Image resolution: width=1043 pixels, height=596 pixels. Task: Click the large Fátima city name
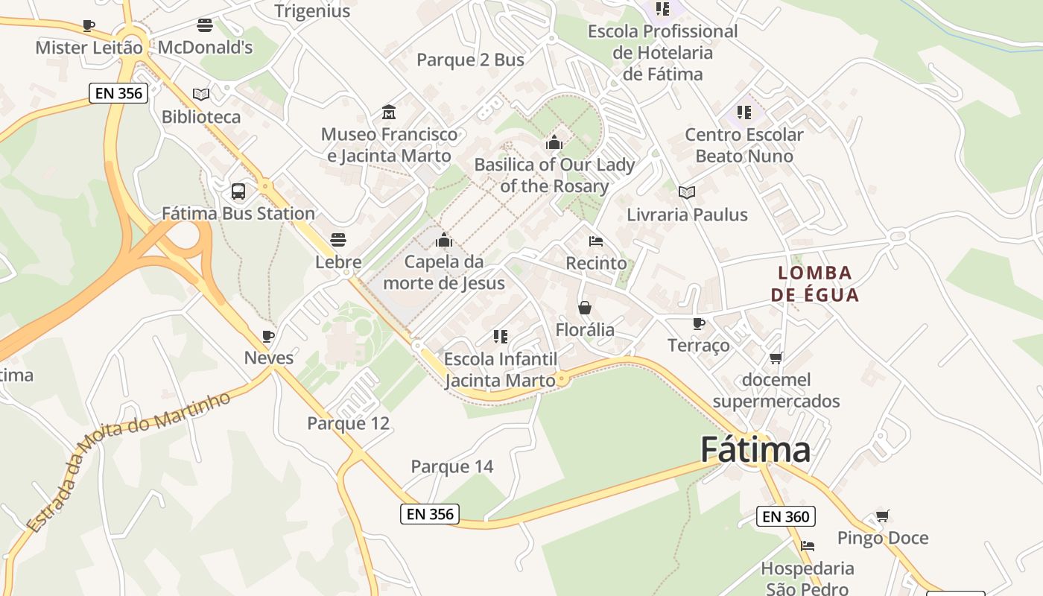755,450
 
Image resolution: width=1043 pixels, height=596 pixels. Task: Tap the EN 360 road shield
785,516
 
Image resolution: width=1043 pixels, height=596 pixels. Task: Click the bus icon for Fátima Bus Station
238,191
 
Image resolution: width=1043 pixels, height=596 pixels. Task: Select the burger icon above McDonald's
205,25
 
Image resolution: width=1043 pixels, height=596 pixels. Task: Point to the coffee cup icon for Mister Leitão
89,26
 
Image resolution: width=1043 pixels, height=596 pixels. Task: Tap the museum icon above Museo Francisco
388,112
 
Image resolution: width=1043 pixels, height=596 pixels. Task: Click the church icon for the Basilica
554,142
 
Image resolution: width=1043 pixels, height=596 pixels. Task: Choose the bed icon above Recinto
596,241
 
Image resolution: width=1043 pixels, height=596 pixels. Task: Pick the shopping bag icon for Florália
585,308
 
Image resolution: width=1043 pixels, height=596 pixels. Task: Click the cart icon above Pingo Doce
883,516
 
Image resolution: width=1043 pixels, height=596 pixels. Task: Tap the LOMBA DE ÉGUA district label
815,284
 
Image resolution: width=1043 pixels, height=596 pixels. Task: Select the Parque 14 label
452,467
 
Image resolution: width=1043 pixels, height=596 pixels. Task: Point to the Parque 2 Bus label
470,60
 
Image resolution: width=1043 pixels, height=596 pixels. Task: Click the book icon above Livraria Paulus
687,192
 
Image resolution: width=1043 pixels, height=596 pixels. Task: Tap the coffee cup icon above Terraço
698,323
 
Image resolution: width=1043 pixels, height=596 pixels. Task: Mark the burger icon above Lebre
338,240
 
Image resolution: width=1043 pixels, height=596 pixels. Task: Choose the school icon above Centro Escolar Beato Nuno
744,112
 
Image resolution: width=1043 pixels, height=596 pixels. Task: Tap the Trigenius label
312,11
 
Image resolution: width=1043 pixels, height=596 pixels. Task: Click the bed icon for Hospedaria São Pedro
808,546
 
